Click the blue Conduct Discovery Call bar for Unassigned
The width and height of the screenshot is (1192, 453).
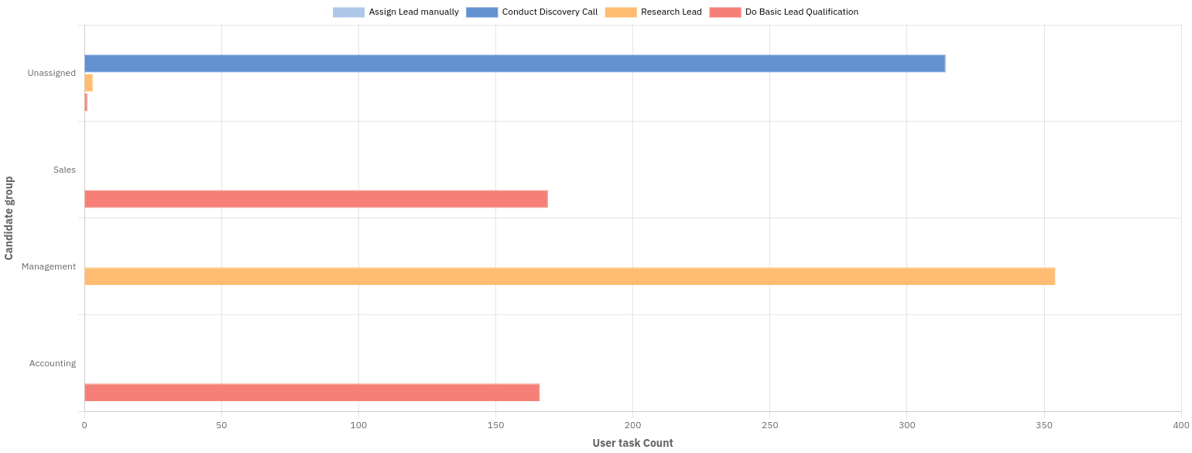point(514,63)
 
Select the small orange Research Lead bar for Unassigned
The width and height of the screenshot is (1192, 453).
point(88,83)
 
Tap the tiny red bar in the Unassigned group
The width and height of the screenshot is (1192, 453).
point(86,102)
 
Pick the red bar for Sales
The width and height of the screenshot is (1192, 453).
point(316,199)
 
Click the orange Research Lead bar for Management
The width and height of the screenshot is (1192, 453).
point(569,276)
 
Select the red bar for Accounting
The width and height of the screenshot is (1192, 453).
point(311,393)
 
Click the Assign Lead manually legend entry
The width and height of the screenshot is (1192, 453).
point(396,12)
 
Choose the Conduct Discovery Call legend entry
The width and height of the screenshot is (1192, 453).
point(532,12)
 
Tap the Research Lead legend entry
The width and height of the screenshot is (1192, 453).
point(653,12)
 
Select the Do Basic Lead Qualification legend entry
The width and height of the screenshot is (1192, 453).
point(783,12)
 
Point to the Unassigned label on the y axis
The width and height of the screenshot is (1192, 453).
point(52,73)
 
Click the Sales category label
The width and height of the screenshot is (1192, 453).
point(64,170)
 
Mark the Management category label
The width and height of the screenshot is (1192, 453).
point(49,266)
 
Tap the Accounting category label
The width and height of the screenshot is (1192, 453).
point(53,363)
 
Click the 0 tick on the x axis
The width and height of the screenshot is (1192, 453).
point(84,425)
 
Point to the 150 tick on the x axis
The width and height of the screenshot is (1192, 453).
point(495,425)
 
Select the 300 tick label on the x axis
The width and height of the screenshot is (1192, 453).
point(906,425)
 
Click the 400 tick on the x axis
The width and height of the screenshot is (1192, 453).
point(1180,425)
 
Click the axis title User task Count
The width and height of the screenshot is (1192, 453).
point(632,443)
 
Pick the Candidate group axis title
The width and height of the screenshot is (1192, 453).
point(9,218)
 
